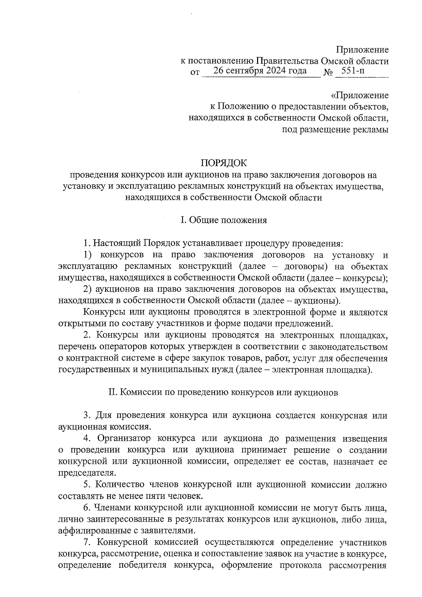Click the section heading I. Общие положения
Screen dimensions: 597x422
[224, 220]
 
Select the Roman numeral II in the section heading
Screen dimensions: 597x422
[113, 393]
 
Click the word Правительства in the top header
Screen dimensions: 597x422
[287, 61]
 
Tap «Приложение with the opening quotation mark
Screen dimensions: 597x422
[360, 95]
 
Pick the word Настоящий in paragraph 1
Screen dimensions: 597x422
[118, 243]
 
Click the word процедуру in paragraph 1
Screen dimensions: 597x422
[269, 243]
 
